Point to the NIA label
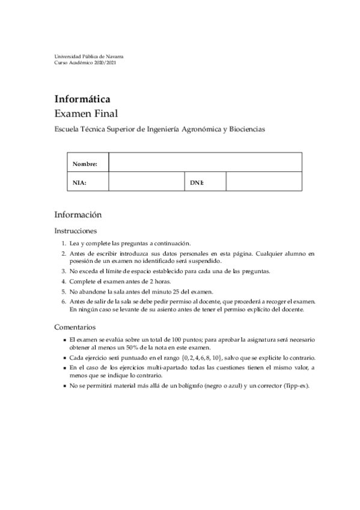pyautogui.click(x=79, y=182)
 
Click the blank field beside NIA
pyautogui.click(x=145, y=182)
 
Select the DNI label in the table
pyautogui.click(x=197, y=182)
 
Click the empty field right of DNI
pyautogui.click(x=263, y=182)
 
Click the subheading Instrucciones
pyautogui.click(x=75, y=230)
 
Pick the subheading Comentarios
pyautogui.click(x=75, y=328)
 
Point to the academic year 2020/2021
pyautogui.click(x=103, y=63)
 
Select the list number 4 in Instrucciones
pyautogui.click(x=64, y=281)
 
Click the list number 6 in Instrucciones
pyautogui.click(x=64, y=301)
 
